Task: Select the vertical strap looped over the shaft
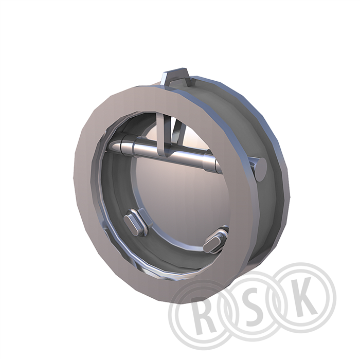tap(163, 135)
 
